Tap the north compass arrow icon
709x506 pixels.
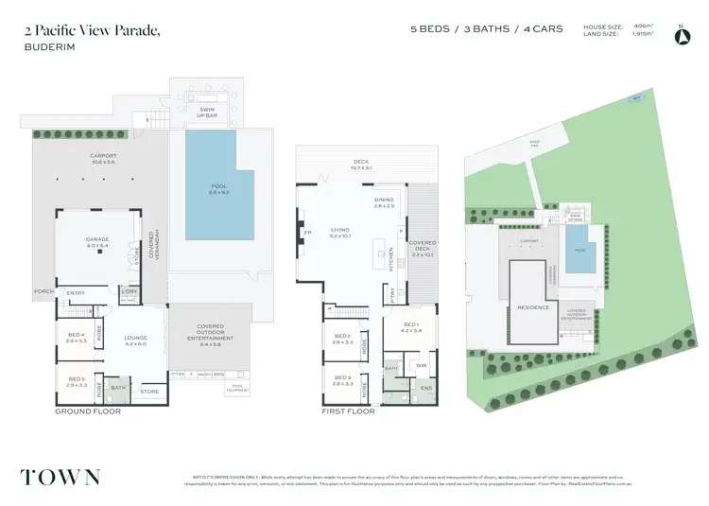click(681, 36)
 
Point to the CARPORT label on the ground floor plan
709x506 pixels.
click(102, 158)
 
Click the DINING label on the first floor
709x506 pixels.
click(383, 201)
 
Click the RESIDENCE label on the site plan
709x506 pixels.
click(533, 307)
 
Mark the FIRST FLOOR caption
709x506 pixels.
click(348, 411)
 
